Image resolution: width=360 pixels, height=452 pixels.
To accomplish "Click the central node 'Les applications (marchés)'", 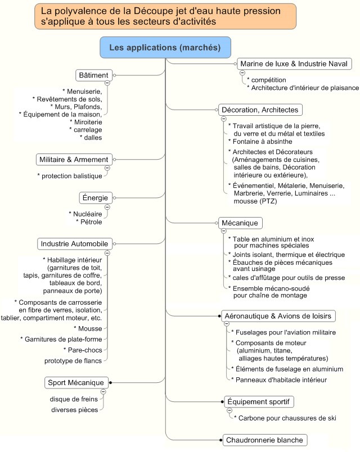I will tap(165, 47).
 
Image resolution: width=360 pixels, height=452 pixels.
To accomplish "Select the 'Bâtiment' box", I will tap(93, 75).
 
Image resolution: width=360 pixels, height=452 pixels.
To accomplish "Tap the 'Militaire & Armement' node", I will tap(73, 160).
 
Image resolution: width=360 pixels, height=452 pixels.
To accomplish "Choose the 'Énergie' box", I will tap(94, 197).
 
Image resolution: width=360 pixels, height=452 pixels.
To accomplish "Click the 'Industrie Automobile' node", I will tap(74, 244).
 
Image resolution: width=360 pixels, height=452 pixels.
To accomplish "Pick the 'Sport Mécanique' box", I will tap(76, 383).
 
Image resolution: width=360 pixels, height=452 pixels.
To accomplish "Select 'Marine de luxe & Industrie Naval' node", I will tap(295, 64).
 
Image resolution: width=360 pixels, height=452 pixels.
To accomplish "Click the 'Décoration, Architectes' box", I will tap(260, 110).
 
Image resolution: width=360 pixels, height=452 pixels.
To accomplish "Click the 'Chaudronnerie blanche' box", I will tap(264, 440).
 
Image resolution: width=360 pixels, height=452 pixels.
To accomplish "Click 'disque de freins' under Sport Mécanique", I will tap(74, 399).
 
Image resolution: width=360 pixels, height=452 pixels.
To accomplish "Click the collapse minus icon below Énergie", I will tap(107, 206).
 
